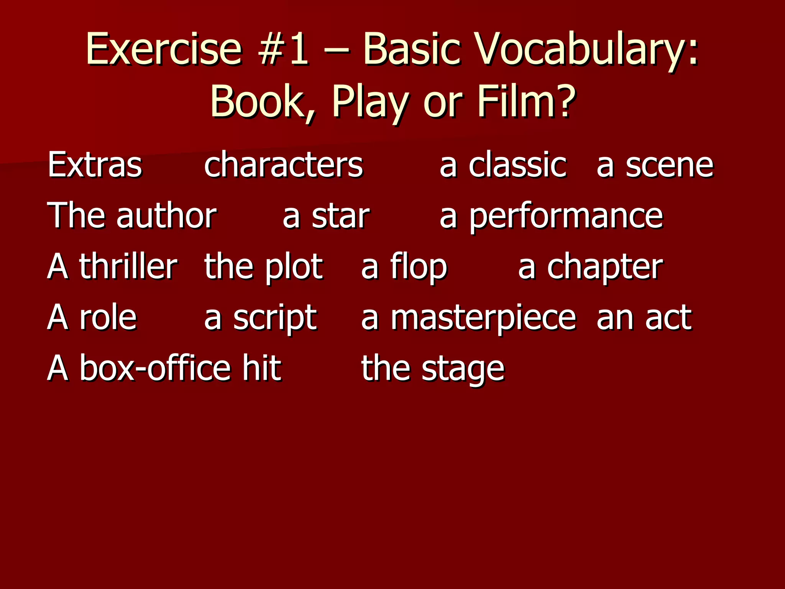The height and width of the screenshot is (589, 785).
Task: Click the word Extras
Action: point(95,165)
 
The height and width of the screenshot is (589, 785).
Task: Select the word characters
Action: point(283,165)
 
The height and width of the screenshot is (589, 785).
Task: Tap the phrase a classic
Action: point(503,165)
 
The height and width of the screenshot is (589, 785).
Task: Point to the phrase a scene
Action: point(655,165)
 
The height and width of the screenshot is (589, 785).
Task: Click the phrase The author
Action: point(132,216)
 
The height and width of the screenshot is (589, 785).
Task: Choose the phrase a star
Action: point(326,216)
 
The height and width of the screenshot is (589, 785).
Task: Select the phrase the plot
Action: point(263,267)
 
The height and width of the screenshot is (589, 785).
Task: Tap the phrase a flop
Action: point(404,267)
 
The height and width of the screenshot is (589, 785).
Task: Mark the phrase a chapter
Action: point(590,267)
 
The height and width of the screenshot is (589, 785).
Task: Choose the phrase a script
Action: point(260,318)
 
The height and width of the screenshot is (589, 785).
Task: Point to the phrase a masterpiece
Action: point(468,318)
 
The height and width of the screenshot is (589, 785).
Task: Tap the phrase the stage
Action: point(433,369)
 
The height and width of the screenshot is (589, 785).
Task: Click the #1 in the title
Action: point(283,49)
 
